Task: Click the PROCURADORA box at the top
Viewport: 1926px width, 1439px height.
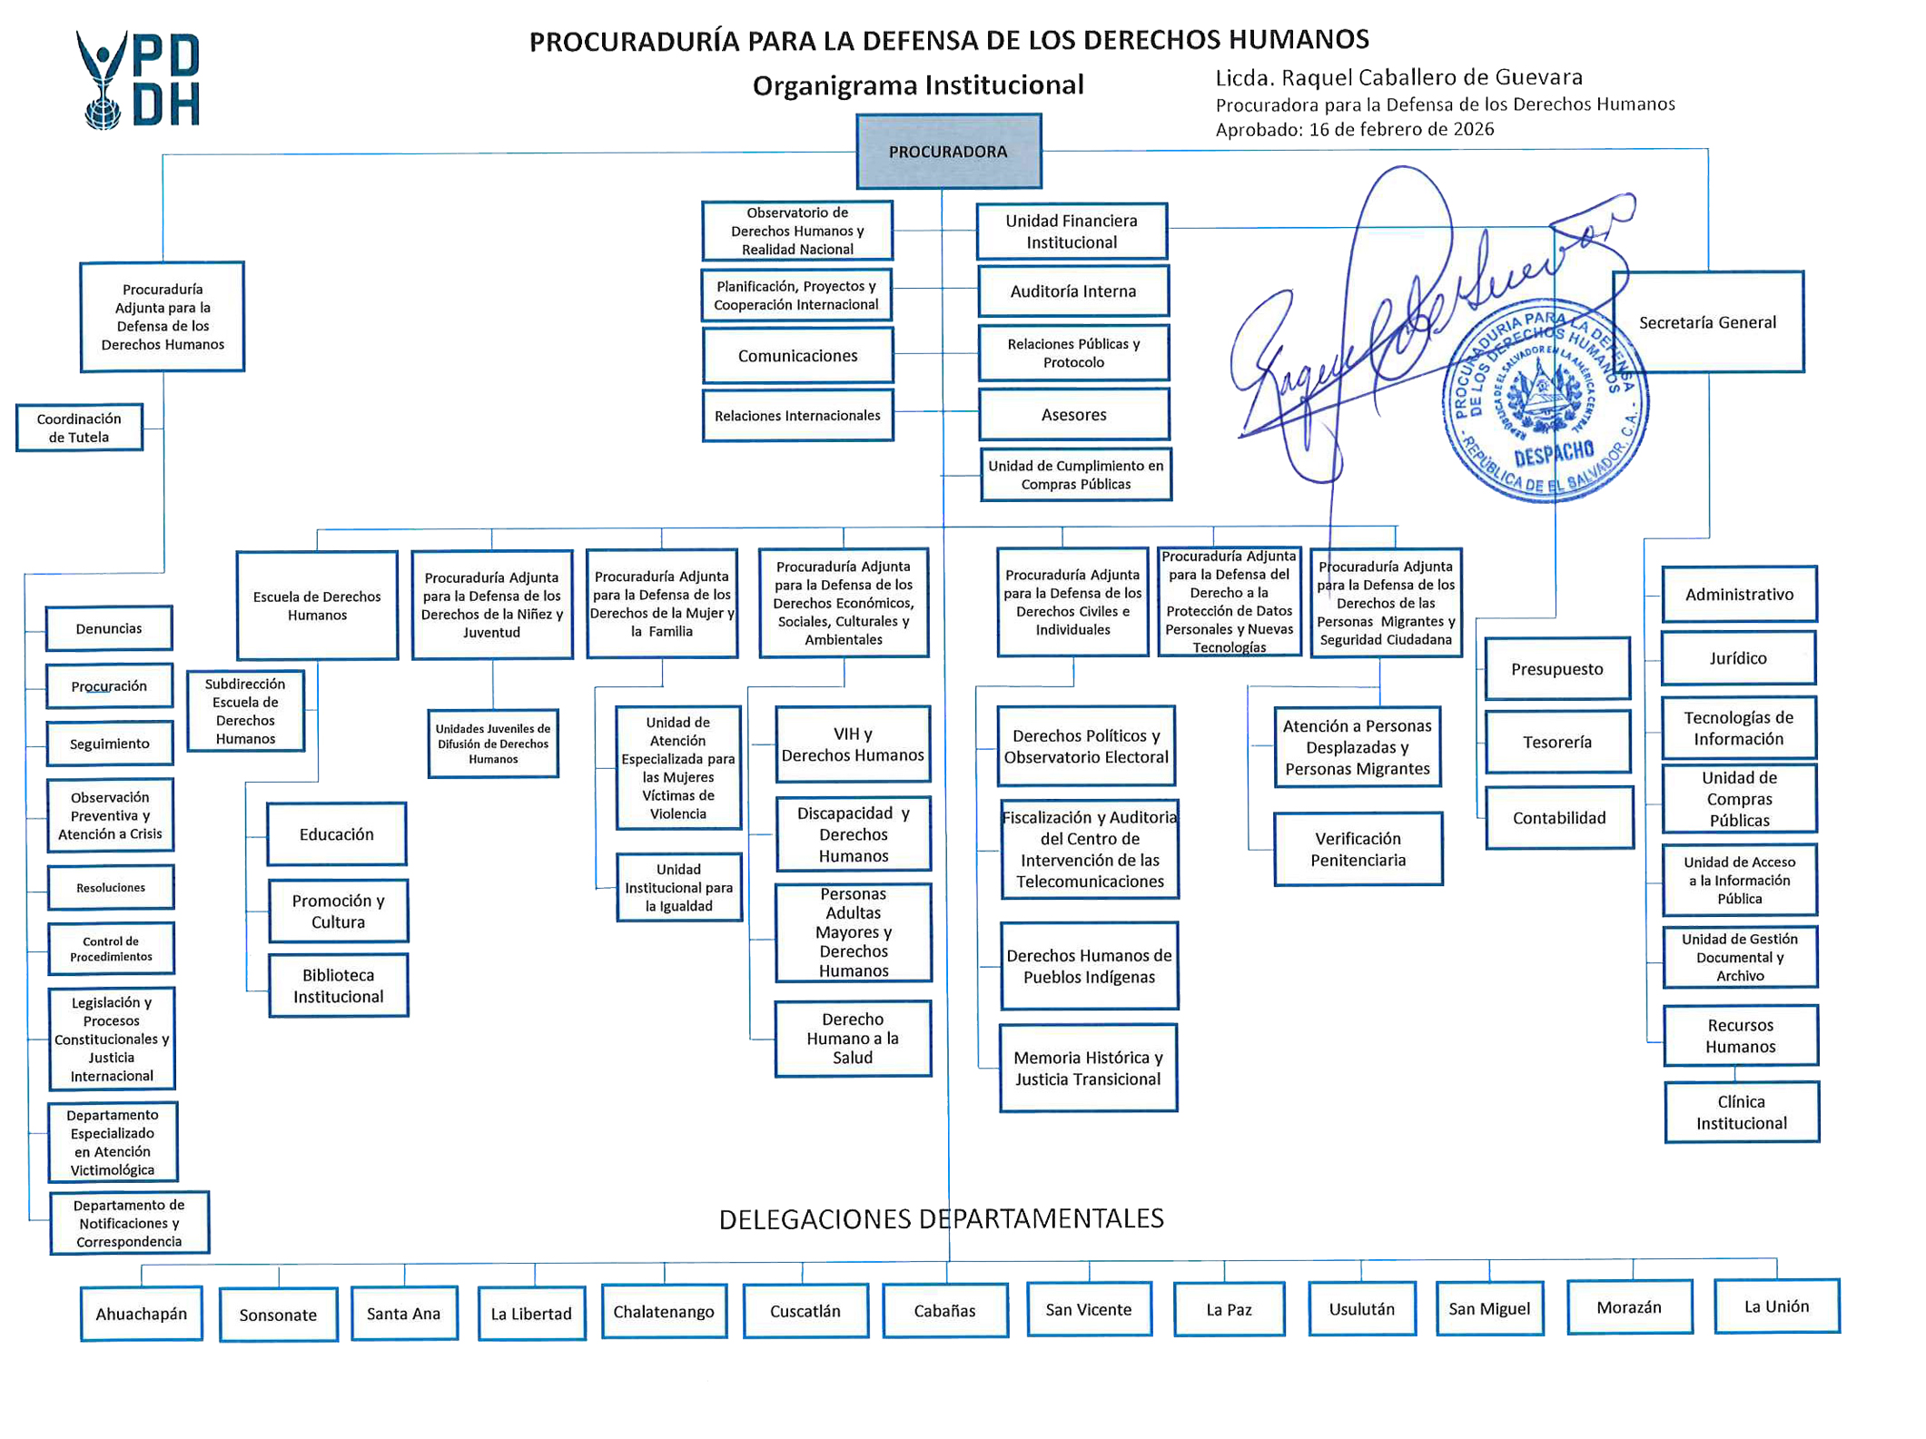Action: tap(948, 151)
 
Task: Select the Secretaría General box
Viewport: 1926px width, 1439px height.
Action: tap(1707, 321)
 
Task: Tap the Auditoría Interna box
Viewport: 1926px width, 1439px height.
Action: tap(1072, 291)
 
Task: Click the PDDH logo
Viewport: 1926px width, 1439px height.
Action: tap(138, 80)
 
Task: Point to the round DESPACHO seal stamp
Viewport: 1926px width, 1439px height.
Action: tap(1545, 400)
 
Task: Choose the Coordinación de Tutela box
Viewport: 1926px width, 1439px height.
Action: tap(79, 428)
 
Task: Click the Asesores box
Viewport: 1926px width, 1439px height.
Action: tap(1073, 414)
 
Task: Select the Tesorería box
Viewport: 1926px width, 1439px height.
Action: tap(1556, 742)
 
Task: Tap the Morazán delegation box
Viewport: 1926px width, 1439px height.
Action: tap(1629, 1306)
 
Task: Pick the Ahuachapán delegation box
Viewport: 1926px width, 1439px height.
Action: tap(141, 1313)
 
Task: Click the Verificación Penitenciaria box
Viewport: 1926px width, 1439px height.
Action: tap(1358, 849)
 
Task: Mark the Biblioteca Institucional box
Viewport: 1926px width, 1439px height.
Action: tap(338, 985)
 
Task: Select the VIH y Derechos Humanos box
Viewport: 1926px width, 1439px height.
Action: tap(853, 744)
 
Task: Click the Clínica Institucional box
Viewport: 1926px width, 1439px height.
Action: tap(1741, 1111)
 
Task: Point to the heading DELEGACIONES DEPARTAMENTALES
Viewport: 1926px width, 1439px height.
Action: tap(941, 1218)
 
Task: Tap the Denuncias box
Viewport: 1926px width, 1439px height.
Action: tap(109, 628)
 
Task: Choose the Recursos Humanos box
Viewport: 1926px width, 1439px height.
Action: tap(1740, 1035)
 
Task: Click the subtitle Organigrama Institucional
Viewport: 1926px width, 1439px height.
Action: tap(918, 85)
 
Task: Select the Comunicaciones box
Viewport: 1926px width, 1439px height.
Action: tap(797, 355)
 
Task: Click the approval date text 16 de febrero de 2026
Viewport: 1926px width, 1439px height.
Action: tap(1401, 129)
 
